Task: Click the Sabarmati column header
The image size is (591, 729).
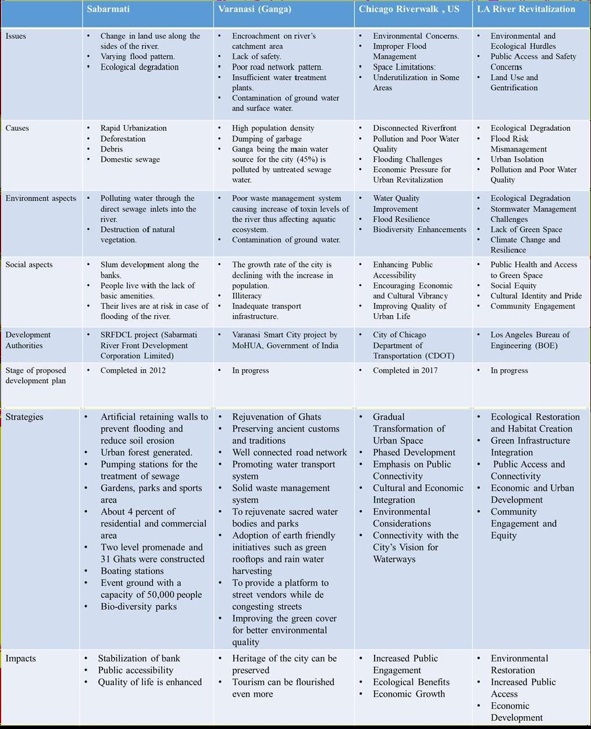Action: pyautogui.click(x=108, y=9)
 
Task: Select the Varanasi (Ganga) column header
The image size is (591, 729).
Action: pyautogui.click(x=254, y=9)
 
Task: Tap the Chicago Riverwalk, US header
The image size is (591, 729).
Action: pyautogui.click(x=409, y=9)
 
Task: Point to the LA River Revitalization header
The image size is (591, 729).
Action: pyautogui.click(x=526, y=9)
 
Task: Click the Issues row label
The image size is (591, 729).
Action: pyautogui.click(x=16, y=36)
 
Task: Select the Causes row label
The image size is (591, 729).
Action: pyautogui.click(x=17, y=128)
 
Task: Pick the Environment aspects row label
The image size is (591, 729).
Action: pyautogui.click(x=41, y=198)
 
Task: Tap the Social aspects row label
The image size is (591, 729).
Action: pyautogui.click(x=29, y=265)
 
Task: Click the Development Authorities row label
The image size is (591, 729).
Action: pyautogui.click(x=28, y=340)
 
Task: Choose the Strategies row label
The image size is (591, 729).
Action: pyautogui.click(x=24, y=417)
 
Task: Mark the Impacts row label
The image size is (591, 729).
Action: pyautogui.click(x=20, y=658)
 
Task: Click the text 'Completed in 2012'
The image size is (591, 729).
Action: pyautogui.click(x=133, y=370)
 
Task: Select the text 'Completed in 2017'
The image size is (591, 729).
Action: pyautogui.click(x=405, y=370)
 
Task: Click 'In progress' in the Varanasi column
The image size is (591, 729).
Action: pyautogui.click(x=250, y=370)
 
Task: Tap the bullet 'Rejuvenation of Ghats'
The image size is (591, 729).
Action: pyautogui.click(x=276, y=417)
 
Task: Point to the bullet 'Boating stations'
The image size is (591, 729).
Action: pyautogui.click(x=132, y=571)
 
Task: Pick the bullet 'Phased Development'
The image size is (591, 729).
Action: pyautogui.click(x=414, y=452)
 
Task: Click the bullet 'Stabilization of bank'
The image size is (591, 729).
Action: pyautogui.click(x=138, y=658)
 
